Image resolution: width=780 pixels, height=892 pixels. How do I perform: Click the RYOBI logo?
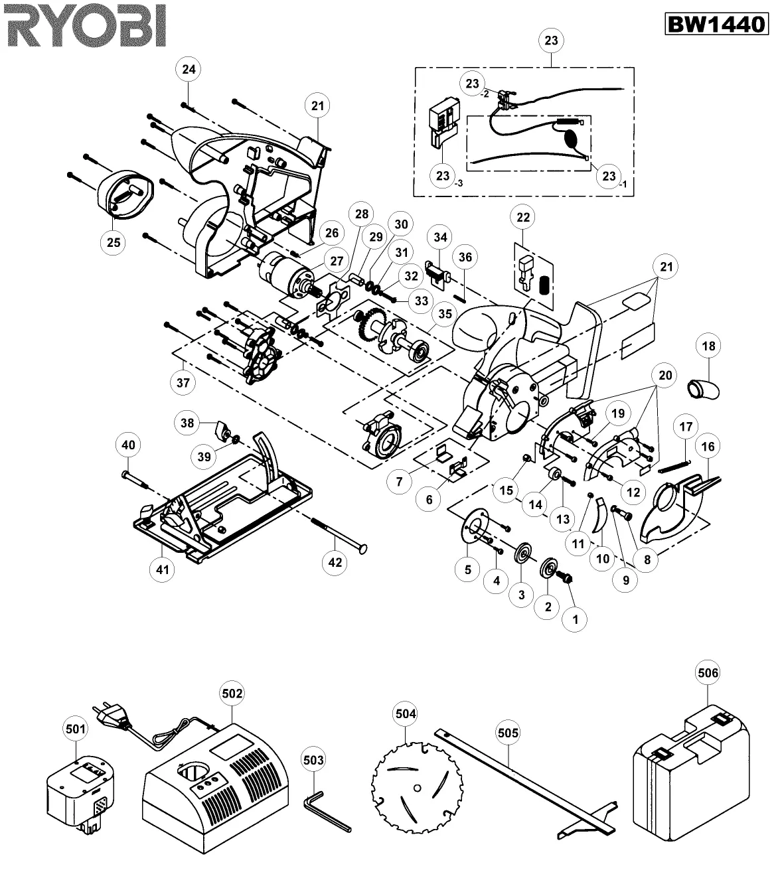pyautogui.click(x=86, y=26)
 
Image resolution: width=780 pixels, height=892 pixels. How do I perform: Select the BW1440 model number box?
pyautogui.click(x=716, y=25)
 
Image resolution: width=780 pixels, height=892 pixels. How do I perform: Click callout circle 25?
pyautogui.click(x=114, y=242)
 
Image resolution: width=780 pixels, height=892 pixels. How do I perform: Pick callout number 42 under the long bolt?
pyautogui.click(x=335, y=562)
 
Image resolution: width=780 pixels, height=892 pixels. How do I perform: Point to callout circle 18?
pyautogui.click(x=708, y=346)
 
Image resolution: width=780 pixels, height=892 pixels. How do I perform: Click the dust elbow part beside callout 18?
pyautogui.click(x=703, y=390)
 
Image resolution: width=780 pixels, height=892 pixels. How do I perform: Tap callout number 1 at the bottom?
pyautogui.click(x=575, y=619)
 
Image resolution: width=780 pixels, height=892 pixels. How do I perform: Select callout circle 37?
pyautogui.click(x=183, y=383)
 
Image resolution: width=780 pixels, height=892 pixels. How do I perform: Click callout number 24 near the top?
pyautogui.click(x=189, y=69)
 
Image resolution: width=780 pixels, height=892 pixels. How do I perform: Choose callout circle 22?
pyautogui.click(x=523, y=217)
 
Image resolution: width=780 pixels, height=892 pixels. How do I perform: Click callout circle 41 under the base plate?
pyautogui.click(x=162, y=569)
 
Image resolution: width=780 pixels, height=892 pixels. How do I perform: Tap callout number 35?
pyautogui.click(x=445, y=314)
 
